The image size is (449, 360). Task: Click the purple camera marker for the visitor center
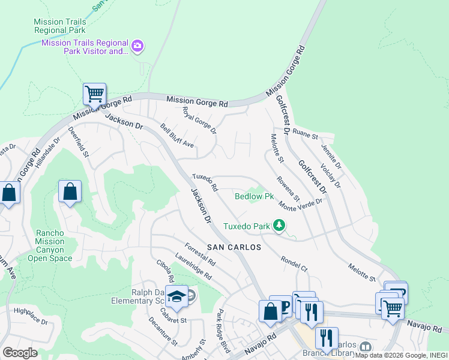click(138, 46)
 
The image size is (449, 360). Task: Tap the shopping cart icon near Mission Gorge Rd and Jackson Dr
click(94, 94)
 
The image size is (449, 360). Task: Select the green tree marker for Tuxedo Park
click(279, 226)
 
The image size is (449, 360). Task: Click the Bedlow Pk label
click(254, 196)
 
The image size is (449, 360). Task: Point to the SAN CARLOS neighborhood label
click(234, 247)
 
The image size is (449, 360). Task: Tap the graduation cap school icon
click(177, 296)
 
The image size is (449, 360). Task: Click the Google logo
click(20, 353)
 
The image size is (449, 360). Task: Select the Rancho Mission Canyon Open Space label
click(50, 245)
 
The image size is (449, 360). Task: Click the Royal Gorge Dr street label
click(199, 121)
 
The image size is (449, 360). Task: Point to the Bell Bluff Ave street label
click(177, 136)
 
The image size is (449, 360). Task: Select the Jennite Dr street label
click(331, 156)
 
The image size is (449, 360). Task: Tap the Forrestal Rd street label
click(200, 254)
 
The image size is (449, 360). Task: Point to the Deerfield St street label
click(78, 142)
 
